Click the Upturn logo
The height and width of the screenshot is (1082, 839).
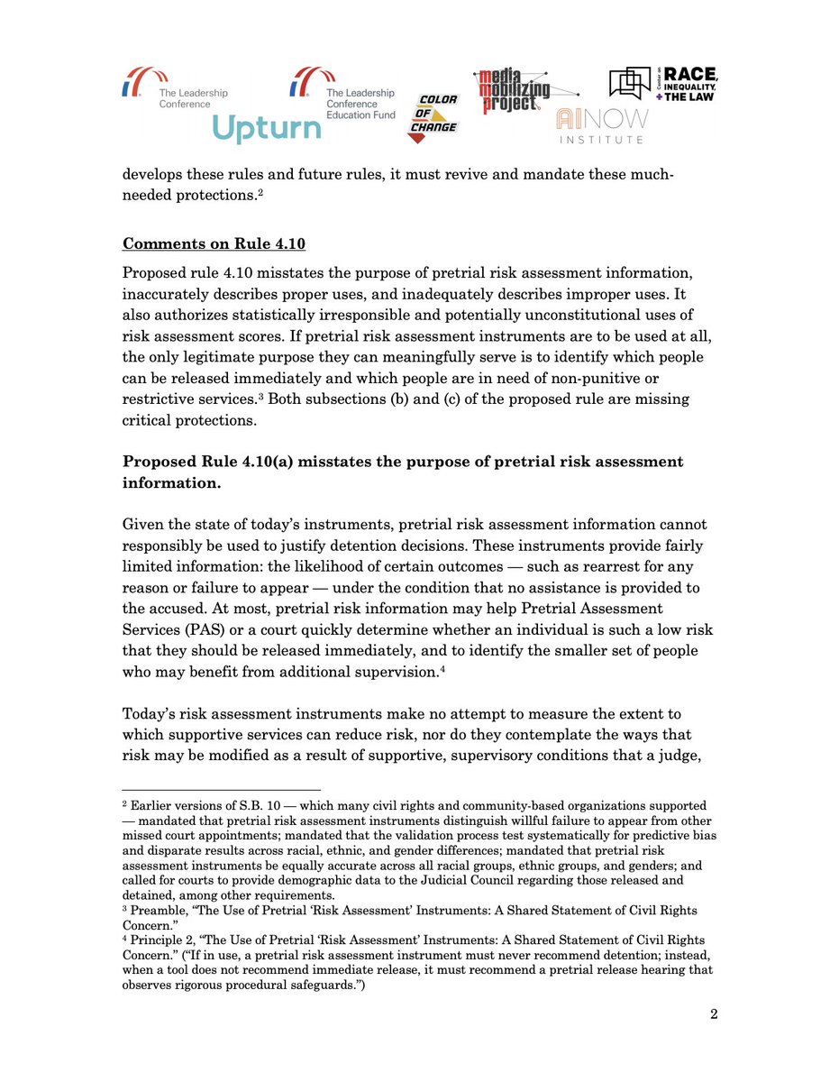pos(266,129)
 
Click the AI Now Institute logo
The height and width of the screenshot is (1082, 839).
pos(599,126)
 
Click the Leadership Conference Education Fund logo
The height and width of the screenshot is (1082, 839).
pos(342,91)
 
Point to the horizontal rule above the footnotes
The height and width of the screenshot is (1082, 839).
pos(221,790)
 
